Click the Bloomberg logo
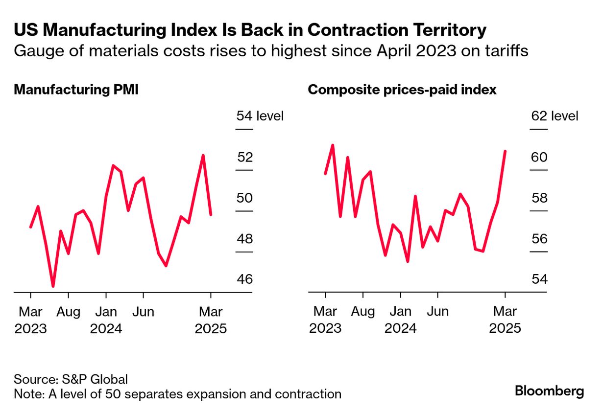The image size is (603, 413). [549, 391]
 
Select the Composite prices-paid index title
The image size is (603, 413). [402, 90]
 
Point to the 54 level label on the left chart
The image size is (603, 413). [260, 116]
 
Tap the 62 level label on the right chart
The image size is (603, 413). [555, 116]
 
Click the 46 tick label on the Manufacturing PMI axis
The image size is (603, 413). [244, 280]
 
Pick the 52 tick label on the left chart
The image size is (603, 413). [244, 158]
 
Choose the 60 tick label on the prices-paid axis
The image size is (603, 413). [539, 158]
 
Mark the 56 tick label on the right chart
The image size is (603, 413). [539, 239]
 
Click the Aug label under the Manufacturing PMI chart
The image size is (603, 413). [68, 312]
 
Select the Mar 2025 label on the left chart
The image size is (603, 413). [211, 320]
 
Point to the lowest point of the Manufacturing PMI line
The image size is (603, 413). [53, 286]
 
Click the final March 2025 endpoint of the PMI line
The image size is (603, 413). [211, 214]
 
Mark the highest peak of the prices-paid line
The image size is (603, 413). [333, 145]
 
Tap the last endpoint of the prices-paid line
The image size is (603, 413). [505, 151]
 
